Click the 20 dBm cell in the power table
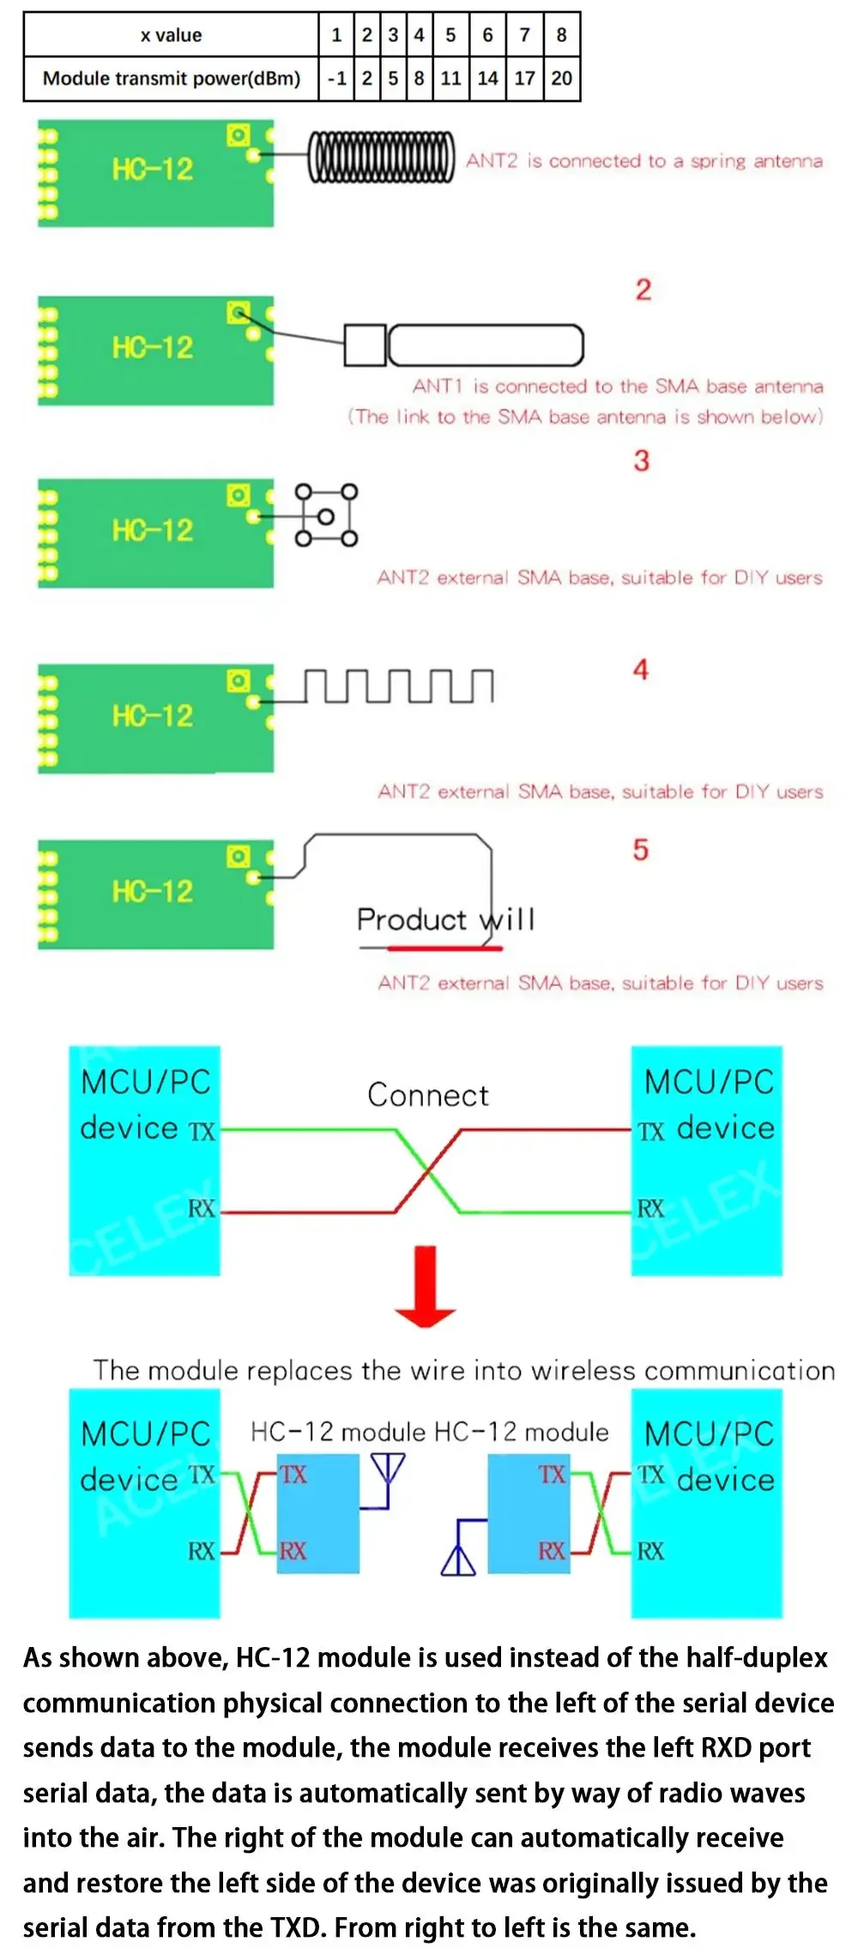(x=562, y=79)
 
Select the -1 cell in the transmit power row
(x=336, y=79)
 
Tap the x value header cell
(x=171, y=35)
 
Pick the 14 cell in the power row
(x=487, y=79)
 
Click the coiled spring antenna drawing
(x=381, y=157)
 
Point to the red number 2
(x=643, y=290)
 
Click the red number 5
(x=641, y=850)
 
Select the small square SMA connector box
(x=365, y=345)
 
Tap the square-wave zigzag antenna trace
(x=399, y=686)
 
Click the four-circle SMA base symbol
(x=326, y=515)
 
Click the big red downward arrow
(x=426, y=1286)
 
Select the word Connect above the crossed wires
(x=428, y=1095)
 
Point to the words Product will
(x=446, y=919)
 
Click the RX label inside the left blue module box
(x=293, y=1551)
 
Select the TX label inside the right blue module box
(x=552, y=1474)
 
